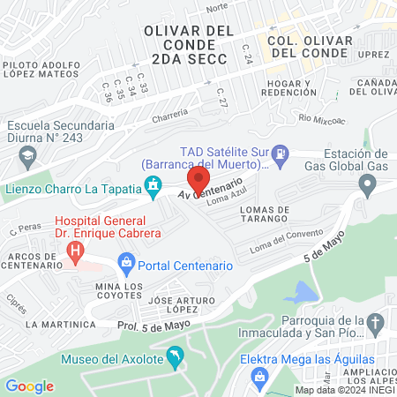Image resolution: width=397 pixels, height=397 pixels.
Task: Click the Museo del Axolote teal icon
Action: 176,356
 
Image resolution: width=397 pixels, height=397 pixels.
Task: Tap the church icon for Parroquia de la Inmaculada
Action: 376,323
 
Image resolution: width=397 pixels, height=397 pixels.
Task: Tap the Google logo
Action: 29,386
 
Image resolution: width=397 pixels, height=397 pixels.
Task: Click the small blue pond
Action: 304,291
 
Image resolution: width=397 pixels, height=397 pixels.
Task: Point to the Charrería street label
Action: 170,112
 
